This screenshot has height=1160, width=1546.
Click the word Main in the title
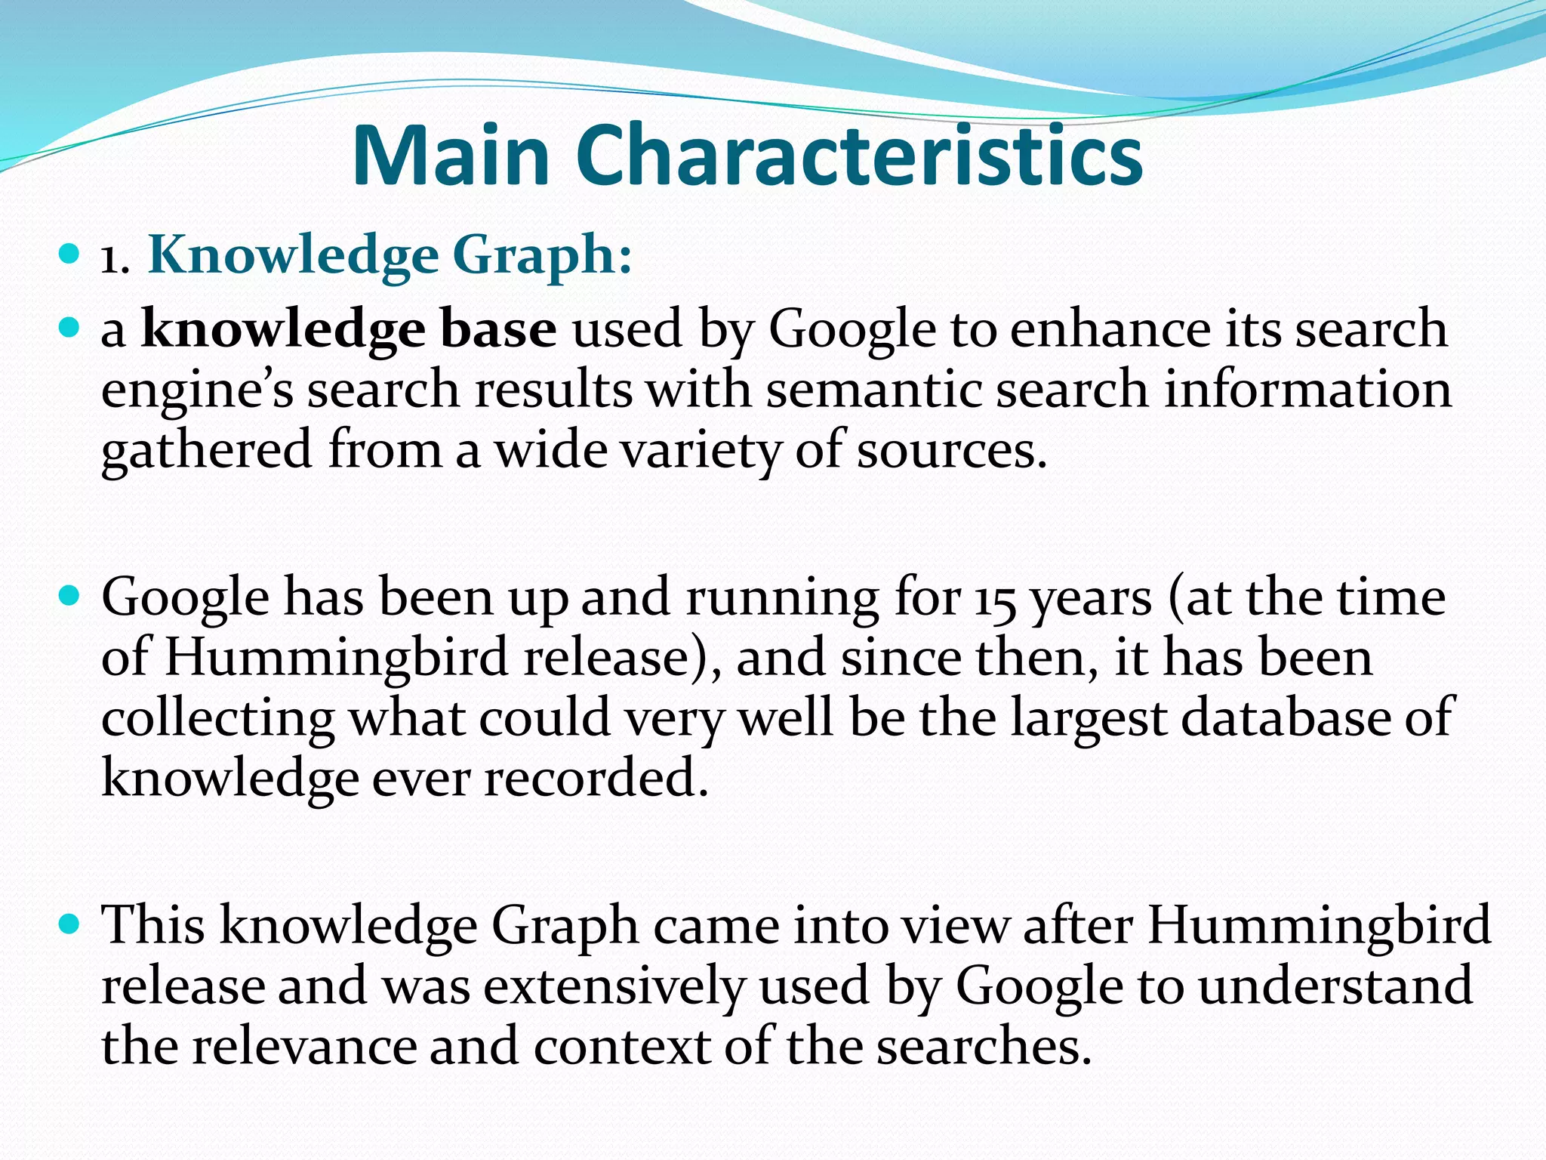pos(450,156)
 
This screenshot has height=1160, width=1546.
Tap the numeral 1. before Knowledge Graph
pos(115,261)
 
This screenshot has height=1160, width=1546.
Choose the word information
pos(1307,390)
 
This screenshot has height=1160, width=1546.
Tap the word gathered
pos(206,451)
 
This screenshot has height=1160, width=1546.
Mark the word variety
pos(701,451)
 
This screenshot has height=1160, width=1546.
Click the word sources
pos(951,451)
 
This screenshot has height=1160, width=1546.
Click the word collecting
pos(217,718)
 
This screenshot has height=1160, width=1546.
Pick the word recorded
pos(596,779)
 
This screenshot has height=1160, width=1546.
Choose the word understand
pos(1335,986)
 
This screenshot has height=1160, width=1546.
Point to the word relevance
pos(302,1047)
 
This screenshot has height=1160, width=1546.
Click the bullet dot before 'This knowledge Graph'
pos(69,923)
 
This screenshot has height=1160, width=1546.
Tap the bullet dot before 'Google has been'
pos(69,596)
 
